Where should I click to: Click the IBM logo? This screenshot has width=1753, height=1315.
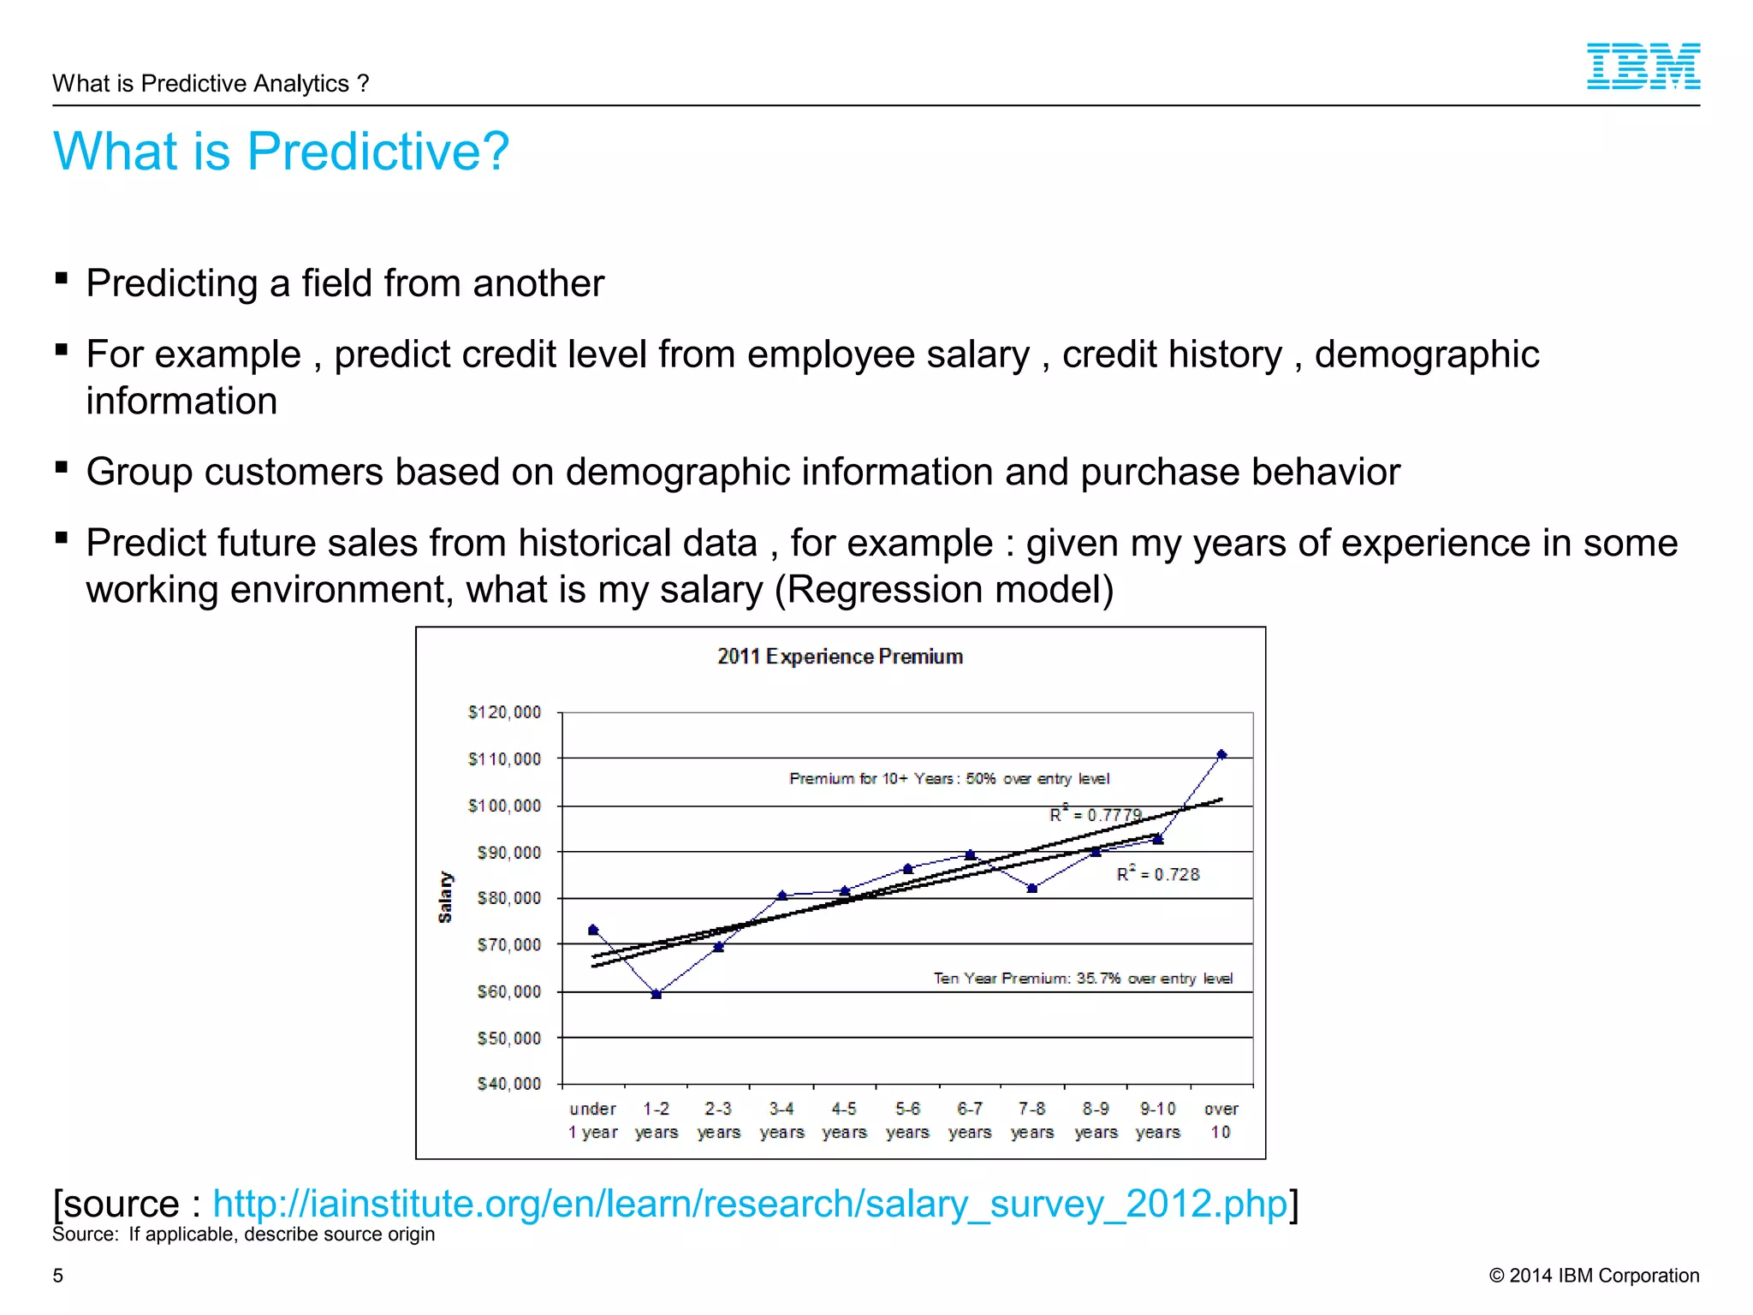pos(1643,66)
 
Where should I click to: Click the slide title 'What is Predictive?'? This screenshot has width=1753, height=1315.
pos(281,151)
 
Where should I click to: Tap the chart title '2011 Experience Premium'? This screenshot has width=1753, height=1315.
pos(840,657)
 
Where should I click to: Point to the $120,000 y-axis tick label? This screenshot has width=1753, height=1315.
pos(504,712)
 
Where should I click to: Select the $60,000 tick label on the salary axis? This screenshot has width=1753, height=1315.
pos(508,991)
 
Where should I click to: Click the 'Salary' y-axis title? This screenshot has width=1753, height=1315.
pos(445,896)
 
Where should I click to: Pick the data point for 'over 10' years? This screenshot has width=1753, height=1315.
pos(1221,754)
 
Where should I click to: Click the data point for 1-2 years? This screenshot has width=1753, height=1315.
pos(657,994)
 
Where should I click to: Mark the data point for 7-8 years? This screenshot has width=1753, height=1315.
pos(1032,888)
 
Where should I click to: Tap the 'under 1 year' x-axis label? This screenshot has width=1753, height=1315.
pos(592,1120)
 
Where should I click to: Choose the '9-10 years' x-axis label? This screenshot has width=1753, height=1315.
pos(1157,1120)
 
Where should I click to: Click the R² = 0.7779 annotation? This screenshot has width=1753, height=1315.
pos(1095,814)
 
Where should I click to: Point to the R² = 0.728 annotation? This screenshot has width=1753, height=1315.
pos(1157,874)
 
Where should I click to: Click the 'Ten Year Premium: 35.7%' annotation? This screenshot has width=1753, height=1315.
pos(1082,978)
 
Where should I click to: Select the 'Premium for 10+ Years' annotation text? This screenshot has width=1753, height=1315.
pos(948,778)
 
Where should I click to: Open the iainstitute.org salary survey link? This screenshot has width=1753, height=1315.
pos(750,1203)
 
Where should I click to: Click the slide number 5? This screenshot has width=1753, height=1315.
pos(58,1276)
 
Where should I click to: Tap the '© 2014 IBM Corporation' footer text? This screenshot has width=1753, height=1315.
pos(1593,1276)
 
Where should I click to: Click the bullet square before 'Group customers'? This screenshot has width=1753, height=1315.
pos(61,467)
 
